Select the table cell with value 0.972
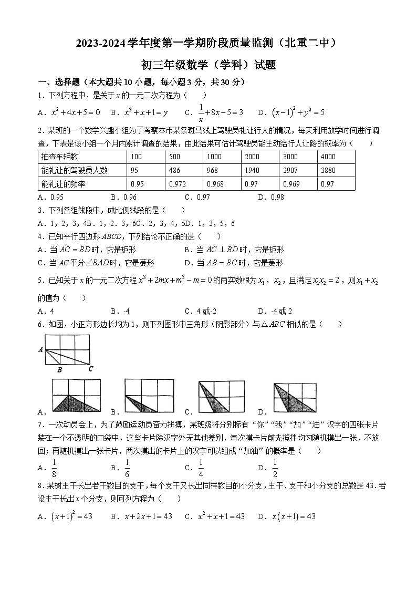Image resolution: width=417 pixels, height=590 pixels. click(178, 184)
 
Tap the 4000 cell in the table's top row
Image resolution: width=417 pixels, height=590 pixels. click(328, 157)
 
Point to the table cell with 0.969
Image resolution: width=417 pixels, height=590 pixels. click(290, 184)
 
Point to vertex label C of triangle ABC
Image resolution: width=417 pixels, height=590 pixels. click(90, 368)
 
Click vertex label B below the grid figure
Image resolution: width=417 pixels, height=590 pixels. click(59, 370)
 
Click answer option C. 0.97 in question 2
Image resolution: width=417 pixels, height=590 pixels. click(197, 198)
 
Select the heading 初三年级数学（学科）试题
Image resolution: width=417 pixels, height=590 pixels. click(208, 65)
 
